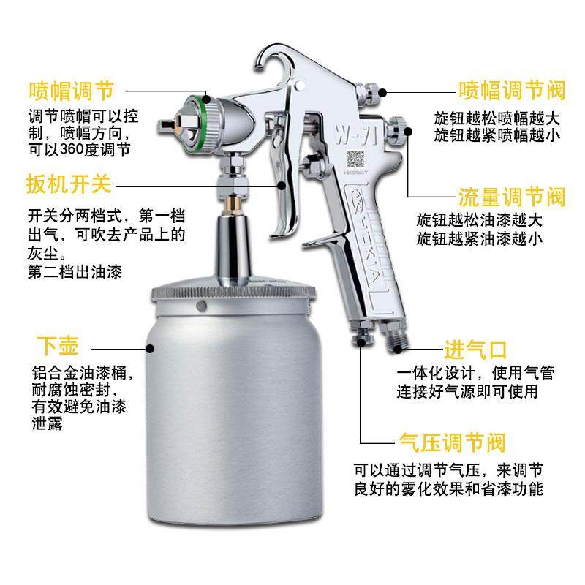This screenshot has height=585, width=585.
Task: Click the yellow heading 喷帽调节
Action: tap(71, 91)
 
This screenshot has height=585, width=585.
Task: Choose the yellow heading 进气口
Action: tap(475, 348)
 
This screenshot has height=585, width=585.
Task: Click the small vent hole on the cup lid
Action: tap(208, 306)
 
